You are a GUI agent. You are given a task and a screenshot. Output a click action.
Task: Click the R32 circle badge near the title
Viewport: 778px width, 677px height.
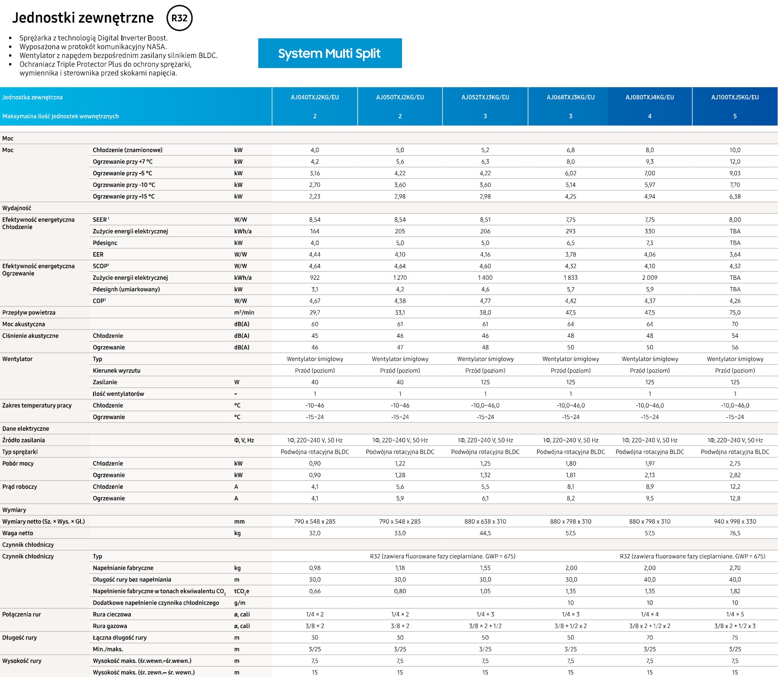[180, 18]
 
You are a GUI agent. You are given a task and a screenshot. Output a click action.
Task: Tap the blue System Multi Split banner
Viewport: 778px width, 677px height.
[330, 53]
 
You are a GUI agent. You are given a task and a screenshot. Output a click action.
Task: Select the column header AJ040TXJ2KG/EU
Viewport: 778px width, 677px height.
[315, 97]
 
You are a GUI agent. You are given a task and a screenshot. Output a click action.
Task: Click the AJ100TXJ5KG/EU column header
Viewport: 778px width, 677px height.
[735, 97]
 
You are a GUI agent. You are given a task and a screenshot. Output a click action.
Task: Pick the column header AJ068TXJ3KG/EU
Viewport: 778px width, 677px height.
[571, 97]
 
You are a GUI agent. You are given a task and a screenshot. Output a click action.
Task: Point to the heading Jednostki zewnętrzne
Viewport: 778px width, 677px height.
[83, 18]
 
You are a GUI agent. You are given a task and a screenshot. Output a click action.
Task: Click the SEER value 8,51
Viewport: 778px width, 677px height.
[485, 220]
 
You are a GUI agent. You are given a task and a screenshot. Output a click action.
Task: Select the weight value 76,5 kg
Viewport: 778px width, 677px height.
[735, 533]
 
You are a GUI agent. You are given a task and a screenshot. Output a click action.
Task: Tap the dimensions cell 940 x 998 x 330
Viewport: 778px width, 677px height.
[735, 521]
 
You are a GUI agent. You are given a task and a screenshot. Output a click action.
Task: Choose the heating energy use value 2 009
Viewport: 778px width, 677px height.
[650, 278]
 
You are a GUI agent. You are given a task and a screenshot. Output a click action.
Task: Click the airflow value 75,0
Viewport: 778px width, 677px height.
[735, 313]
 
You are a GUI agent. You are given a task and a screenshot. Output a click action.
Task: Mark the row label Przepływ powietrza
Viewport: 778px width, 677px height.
[29, 313]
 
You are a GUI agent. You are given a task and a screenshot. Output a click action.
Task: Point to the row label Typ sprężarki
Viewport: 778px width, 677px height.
[20, 452]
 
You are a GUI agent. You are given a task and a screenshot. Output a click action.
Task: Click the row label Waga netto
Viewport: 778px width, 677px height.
[18, 533]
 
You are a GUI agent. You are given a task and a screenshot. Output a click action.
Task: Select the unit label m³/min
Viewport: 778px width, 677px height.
[244, 313]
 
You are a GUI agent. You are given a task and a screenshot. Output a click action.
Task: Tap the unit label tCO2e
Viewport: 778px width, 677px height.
[242, 592]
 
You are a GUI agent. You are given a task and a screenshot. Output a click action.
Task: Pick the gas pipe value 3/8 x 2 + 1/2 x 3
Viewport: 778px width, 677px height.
[735, 626]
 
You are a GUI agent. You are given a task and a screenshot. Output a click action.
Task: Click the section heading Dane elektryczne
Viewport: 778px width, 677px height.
[26, 429]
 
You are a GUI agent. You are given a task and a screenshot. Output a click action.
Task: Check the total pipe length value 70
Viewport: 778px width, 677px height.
[650, 638]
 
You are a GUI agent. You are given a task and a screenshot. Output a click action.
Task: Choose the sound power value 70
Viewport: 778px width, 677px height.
[735, 324]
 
